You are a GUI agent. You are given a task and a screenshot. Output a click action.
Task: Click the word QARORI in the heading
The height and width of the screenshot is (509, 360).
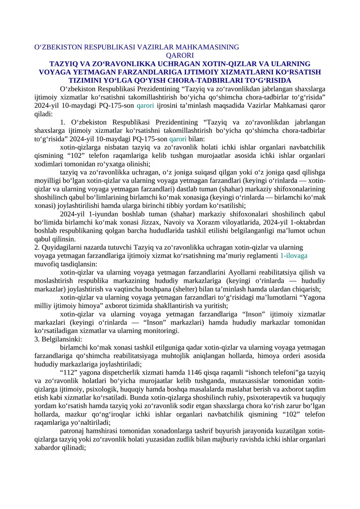coord(180,55)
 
